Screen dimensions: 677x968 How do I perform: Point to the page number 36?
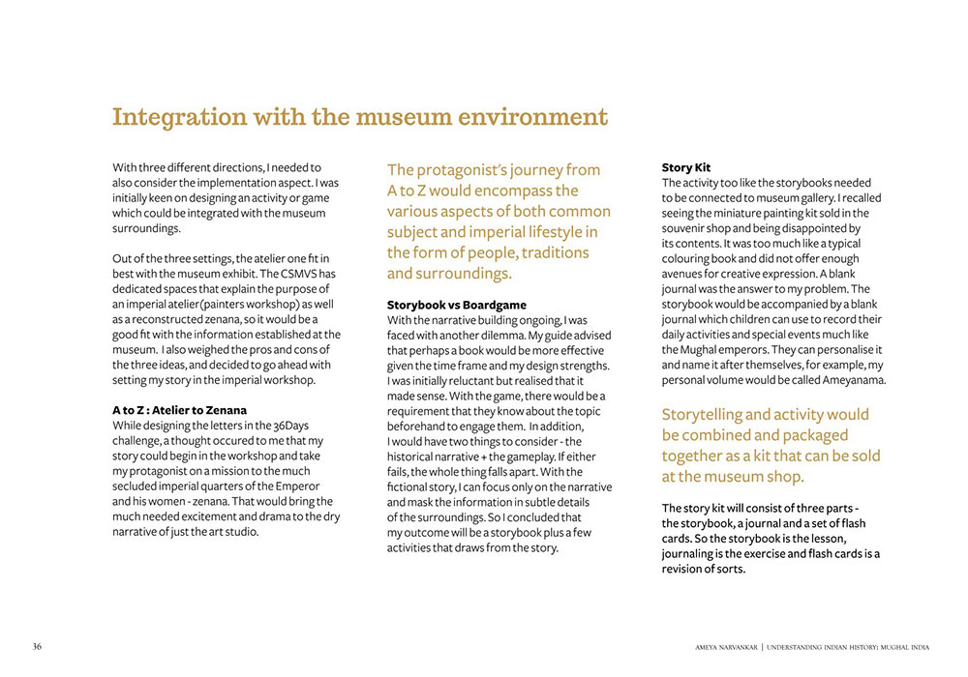click(x=37, y=646)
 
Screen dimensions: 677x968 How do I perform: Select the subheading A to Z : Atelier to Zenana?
click(x=179, y=410)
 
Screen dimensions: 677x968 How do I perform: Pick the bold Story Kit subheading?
click(x=686, y=167)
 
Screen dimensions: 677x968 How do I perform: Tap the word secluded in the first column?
click(x=137, y=486)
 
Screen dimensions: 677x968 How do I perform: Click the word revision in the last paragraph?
click(x=685, y=569)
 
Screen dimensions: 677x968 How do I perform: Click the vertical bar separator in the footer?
click(x=761, y=646)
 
